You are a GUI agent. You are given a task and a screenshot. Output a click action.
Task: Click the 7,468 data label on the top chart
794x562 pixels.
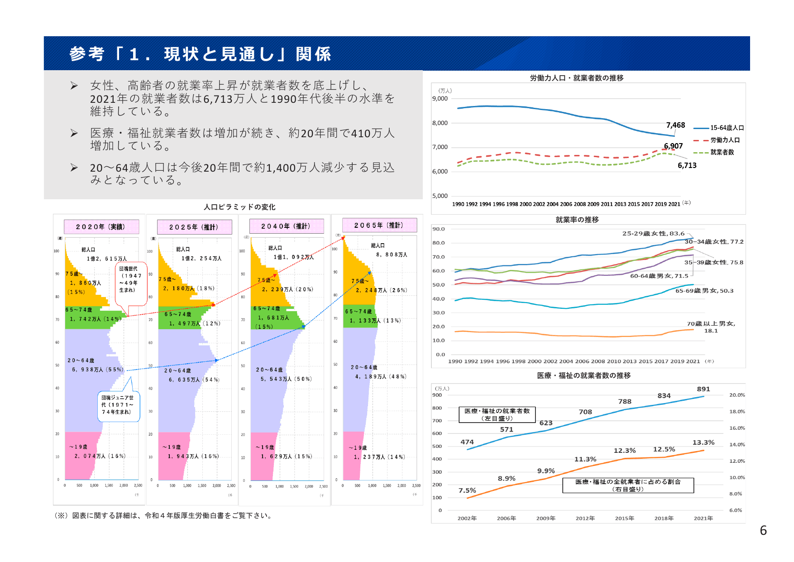pos(675,125)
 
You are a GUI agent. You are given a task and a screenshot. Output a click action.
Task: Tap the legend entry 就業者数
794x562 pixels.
pos(722,153)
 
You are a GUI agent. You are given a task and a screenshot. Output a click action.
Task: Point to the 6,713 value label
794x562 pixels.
pos(687,166)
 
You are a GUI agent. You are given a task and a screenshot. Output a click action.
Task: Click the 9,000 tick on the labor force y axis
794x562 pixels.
pos(440,99)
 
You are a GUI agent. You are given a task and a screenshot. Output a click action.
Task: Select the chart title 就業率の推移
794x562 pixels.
pos(577,220)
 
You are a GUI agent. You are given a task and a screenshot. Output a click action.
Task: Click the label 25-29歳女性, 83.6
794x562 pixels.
pos(653,234)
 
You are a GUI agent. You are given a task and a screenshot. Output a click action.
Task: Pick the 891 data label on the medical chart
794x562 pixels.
pos(703,389)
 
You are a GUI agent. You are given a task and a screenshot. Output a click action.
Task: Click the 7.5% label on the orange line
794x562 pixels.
pos(467,490)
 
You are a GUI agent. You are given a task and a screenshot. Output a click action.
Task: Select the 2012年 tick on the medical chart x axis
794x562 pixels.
pos(585,518)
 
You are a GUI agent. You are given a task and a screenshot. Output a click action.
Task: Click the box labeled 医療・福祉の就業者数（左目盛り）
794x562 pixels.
pos(497,414)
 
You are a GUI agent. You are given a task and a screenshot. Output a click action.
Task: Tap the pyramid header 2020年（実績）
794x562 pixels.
pos(101,227)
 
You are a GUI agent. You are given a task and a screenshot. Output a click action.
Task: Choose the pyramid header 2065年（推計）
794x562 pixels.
pos(379,225)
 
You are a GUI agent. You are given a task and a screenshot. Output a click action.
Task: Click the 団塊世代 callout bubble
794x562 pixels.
pos(131,283)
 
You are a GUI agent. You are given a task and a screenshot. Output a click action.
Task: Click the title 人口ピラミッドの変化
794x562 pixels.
pos(239,207)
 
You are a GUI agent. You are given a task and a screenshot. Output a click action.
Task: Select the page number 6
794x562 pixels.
pos(763,530)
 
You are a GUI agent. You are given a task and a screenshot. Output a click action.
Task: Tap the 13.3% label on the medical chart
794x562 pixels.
pos(703,442)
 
